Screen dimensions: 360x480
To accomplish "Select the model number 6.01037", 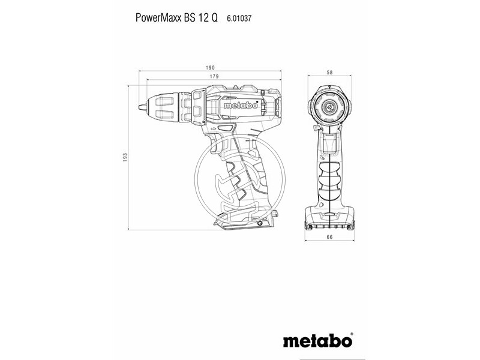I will pyautogui.click(x=239, y=19).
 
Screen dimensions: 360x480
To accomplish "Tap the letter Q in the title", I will pyautogui.click(x=215, y=18).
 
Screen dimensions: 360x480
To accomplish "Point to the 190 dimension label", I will pyautogui.click(x=210, y=68).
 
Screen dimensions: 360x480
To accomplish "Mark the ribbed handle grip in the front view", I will pyautogui.click(x=329, y=177).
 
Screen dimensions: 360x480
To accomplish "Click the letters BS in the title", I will pyautogui.click(x=187, y=18).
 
